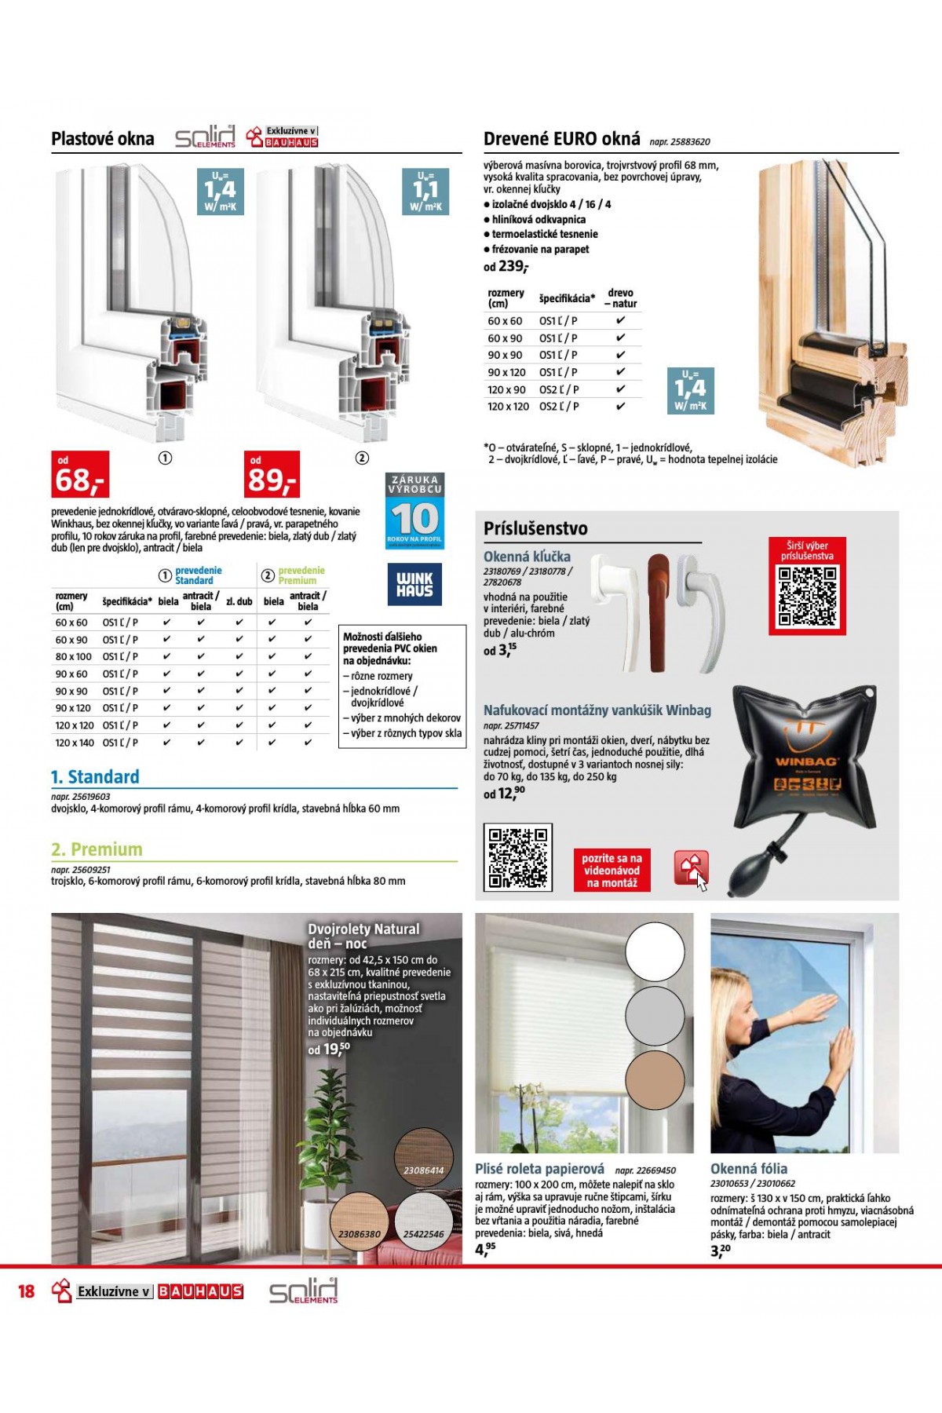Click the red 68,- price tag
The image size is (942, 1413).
point(80,475)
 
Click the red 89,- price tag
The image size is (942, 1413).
point(272,475)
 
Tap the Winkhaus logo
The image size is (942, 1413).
point(414,584)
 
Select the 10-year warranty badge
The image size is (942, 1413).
point(414,511)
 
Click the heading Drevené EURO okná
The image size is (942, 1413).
point(561,140)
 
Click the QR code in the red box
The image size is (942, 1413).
point(807,597)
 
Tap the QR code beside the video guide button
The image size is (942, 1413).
point(517,857)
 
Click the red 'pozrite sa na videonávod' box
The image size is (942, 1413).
point(612,871)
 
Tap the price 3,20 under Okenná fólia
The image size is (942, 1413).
point(720,1250)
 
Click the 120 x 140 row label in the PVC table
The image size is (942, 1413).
point(75,743)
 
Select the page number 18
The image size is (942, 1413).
point(27,1291)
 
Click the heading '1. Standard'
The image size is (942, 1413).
point(95,777)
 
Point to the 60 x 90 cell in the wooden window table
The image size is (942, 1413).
point(505,338)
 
